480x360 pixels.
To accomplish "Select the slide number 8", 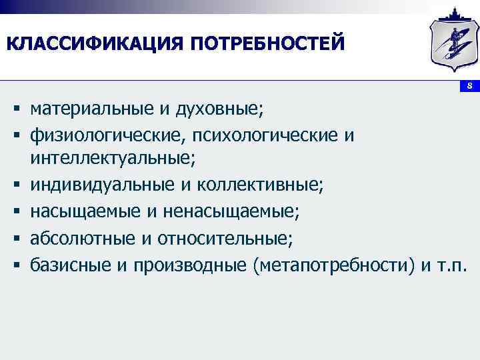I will [x=469, y=86].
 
